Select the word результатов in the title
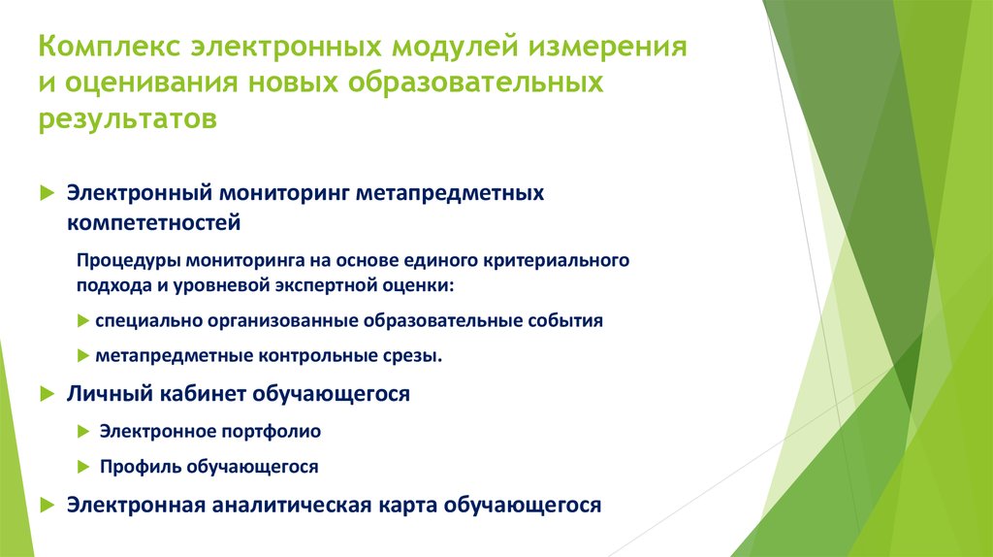point(128,119)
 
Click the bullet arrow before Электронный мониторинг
point(46,193)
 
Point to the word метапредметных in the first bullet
point(450,193)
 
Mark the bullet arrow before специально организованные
point(84,321)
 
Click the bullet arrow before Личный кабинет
point(46,395)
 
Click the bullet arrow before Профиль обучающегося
point(84,467)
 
